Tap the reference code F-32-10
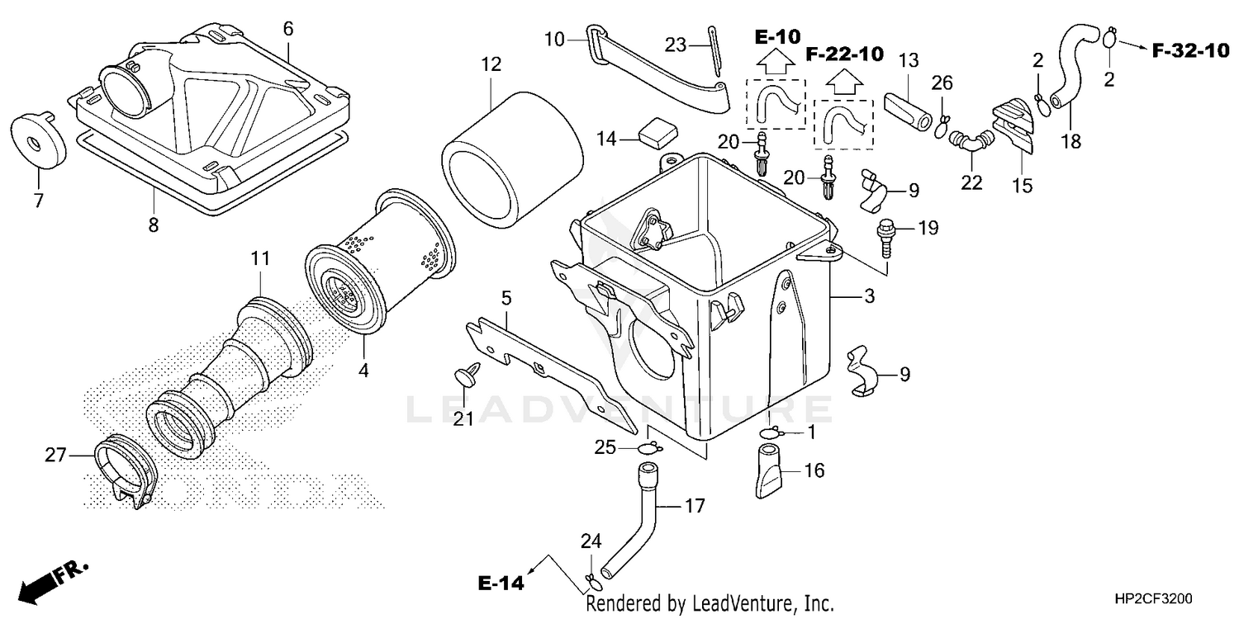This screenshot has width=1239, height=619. (x=1190, y=50)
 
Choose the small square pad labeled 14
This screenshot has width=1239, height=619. (x=656, y=132)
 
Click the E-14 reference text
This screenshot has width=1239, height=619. (x=501, y=584)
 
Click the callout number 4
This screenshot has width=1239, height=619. (x=363, y=371)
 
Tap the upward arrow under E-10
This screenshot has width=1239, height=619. (x=776, y=60)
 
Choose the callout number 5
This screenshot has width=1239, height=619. (x=506, y=297)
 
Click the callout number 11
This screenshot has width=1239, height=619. (x=260, y=258)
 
